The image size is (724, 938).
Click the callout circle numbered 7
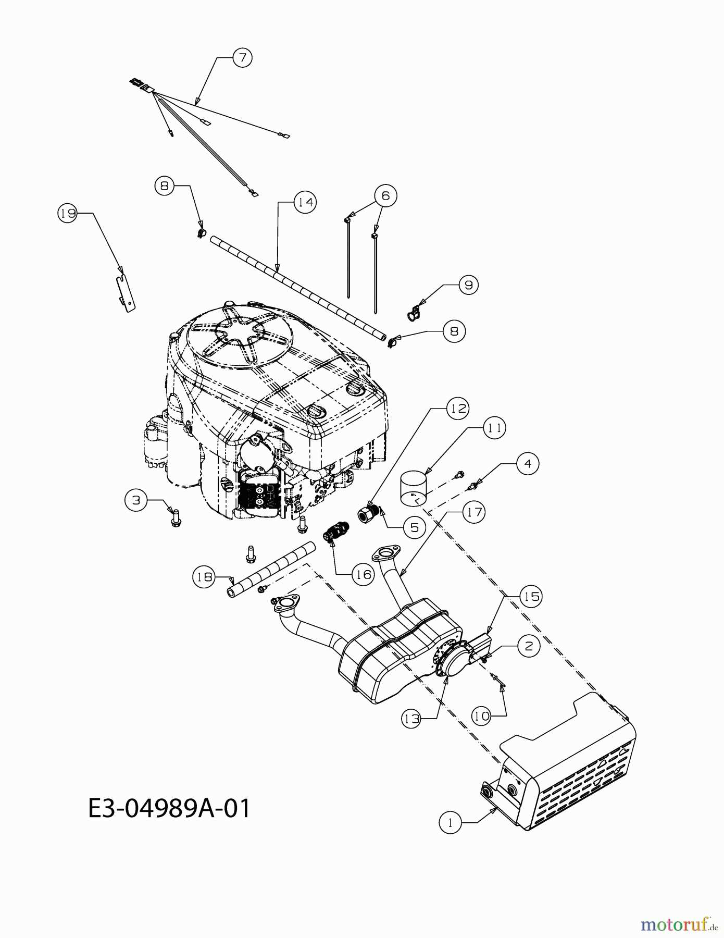click(x=242, y=57)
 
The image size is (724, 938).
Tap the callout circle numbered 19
click(x=67, y=213)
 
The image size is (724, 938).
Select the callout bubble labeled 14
click(x=305, y=202)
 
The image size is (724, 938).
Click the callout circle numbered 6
click(x=385, y=195)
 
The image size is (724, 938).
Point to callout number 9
click(x=468, y=285)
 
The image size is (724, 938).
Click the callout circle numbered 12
click(x=458, y=409)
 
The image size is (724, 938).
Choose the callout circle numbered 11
click(x=494, y=428)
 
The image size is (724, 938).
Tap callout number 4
click(x=528, y=463)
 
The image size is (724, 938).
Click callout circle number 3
click(x=136, y=500)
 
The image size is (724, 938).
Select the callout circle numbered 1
click(x=450, y=823)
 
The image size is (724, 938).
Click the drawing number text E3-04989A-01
click(x=169, y=808)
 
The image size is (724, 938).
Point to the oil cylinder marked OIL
click(x=414, y=488)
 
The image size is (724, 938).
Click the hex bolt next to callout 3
click(x=176, y=518)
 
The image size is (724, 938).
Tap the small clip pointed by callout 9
click(x=413, y=313)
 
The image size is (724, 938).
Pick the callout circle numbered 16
click(x=363, y=574)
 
